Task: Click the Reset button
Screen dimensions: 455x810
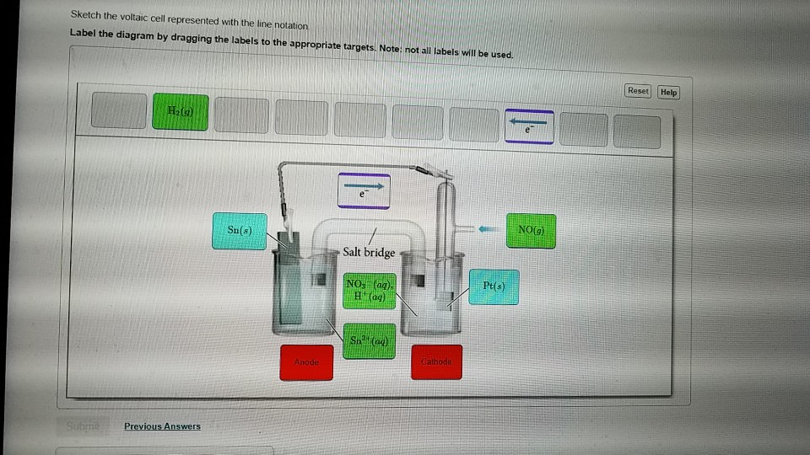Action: (x=638, y=91)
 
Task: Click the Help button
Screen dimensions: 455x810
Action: (x=668, y=92)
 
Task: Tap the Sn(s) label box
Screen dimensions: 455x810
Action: (x=239, y=231)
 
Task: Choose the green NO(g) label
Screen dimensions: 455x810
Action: (x=531, y=230)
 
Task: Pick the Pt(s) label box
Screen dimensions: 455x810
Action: (x=494, y=287)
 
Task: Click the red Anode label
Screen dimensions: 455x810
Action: (x=306, y=361)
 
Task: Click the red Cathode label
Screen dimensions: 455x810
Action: (x=436, y=361)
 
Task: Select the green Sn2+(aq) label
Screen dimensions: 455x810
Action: (x=369, y=340)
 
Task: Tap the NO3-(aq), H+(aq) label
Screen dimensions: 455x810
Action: (x=370, y=290)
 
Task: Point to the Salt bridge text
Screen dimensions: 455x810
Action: (x=369, y=252)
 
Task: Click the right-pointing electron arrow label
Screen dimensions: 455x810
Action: (x=364, y=190)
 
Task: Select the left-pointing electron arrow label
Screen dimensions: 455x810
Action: (x=529, y=126)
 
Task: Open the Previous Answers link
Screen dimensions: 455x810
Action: (x=162, y=426)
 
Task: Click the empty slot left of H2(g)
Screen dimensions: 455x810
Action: (x=118, y=113)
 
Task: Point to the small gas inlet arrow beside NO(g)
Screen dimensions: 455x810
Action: (x=487, y=228)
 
